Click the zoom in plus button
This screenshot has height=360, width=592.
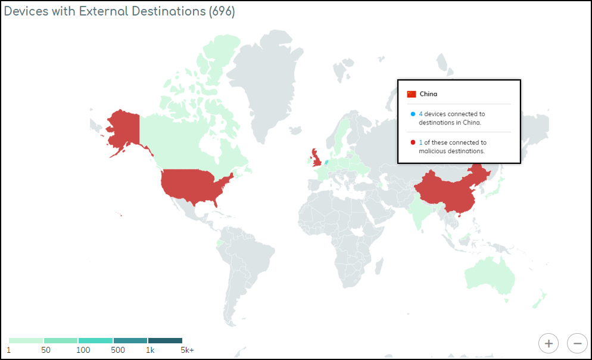point(549,343)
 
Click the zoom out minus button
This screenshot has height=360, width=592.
point(577,343)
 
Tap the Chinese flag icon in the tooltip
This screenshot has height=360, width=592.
point(412,94)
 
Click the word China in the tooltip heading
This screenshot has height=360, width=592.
point(428,94)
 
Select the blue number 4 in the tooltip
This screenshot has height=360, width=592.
point(420,114)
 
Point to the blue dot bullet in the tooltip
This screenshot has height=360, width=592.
point(412,114)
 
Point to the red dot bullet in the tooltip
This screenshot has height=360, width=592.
point(412,142)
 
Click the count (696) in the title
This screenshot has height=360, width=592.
point(222,12)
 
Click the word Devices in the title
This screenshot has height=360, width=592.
point(23,12)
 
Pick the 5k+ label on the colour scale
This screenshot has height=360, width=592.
point(187,350)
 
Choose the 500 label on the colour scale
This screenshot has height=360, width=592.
point(118,350)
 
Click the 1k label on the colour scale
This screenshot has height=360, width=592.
point(150,350)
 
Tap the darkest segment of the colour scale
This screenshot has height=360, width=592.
point(165,340)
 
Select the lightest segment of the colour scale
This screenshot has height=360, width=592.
point(26,340)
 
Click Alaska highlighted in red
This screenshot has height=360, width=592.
point(124,128)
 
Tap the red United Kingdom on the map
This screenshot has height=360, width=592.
point(316,157)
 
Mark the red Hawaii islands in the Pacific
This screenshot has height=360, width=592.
point(121,215)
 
